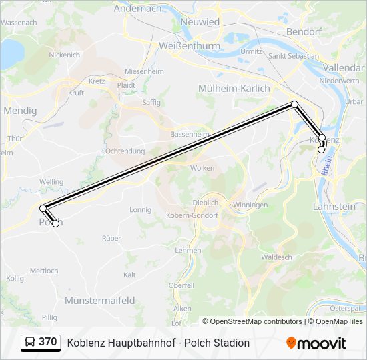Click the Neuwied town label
[x=200, y=22]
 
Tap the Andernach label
[x=137, y=9]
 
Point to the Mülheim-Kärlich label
[x=234, y=88]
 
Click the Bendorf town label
[x=304, y=31]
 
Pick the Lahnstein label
[x=334, y=207]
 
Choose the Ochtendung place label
[x=125, y=151]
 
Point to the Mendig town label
[x=20, y=111]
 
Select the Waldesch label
[x=277, y=257]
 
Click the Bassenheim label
[x=190, y=133]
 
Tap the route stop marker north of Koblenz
[x=294, y=104]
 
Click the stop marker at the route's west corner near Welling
[x=43, y=208]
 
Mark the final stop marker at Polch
[x=55, y=223]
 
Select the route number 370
[x=48, y=342]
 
